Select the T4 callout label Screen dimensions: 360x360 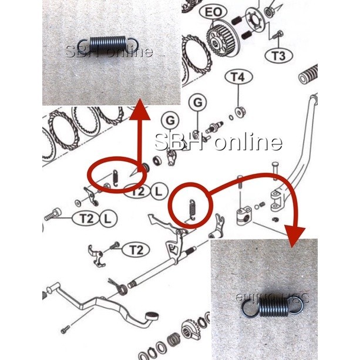click(x=238, y=78)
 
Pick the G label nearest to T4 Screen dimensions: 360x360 click(x=198, y=103)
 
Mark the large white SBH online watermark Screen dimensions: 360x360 click(x=218, y=142)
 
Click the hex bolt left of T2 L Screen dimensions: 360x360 click(x=52, y=216)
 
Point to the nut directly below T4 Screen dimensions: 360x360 click(x=240, y=110)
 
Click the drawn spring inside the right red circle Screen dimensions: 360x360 click(x=190, y=208)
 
